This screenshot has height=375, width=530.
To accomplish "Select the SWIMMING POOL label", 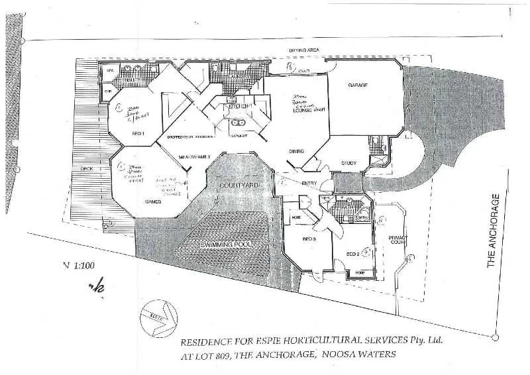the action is pyautogui.click(x=226, y=244).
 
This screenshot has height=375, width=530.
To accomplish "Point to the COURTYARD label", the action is pyautogui.click(x=238, y=187).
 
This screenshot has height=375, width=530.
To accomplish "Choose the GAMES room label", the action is pyautogui.click(x=153, y=200).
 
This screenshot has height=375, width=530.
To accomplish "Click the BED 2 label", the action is pyautogui.click(x=352, y=254).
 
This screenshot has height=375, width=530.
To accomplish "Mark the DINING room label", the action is pyautogui.click(x=296, y=151).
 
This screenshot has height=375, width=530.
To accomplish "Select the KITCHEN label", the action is pyautogui.click(x=238, y=106).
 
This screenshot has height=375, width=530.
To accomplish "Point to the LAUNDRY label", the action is pyautogui.click(x=238, y=76).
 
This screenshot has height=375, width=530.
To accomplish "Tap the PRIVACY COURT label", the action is pyautogui.click(x=397, y=239).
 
